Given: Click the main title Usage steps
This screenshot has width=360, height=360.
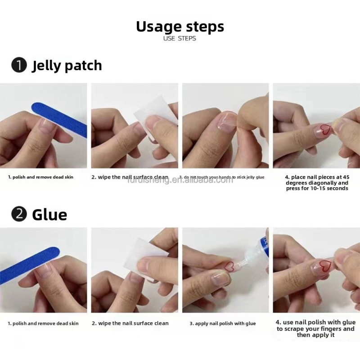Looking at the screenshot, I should click(180, 27).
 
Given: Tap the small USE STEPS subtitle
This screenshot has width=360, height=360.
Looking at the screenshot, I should click(180, 39).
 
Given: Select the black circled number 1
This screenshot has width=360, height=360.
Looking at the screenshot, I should click(19, 66).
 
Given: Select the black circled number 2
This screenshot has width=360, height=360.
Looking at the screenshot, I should click(19, 214).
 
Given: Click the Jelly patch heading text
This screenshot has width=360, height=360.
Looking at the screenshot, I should click(67, 66).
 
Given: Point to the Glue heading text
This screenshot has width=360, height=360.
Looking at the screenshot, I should click(49, 214).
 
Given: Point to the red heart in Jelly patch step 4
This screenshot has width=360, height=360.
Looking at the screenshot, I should click(325, 130).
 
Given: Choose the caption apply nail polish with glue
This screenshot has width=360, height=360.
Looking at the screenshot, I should click(223, 324).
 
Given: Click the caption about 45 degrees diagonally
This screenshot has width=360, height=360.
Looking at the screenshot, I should click(317, 183).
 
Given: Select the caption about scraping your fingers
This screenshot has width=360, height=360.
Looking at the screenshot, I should click(315, 328).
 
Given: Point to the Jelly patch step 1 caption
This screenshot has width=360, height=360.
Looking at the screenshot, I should click(40, 177).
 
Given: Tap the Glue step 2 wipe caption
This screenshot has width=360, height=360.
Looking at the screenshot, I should click(130, 324).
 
